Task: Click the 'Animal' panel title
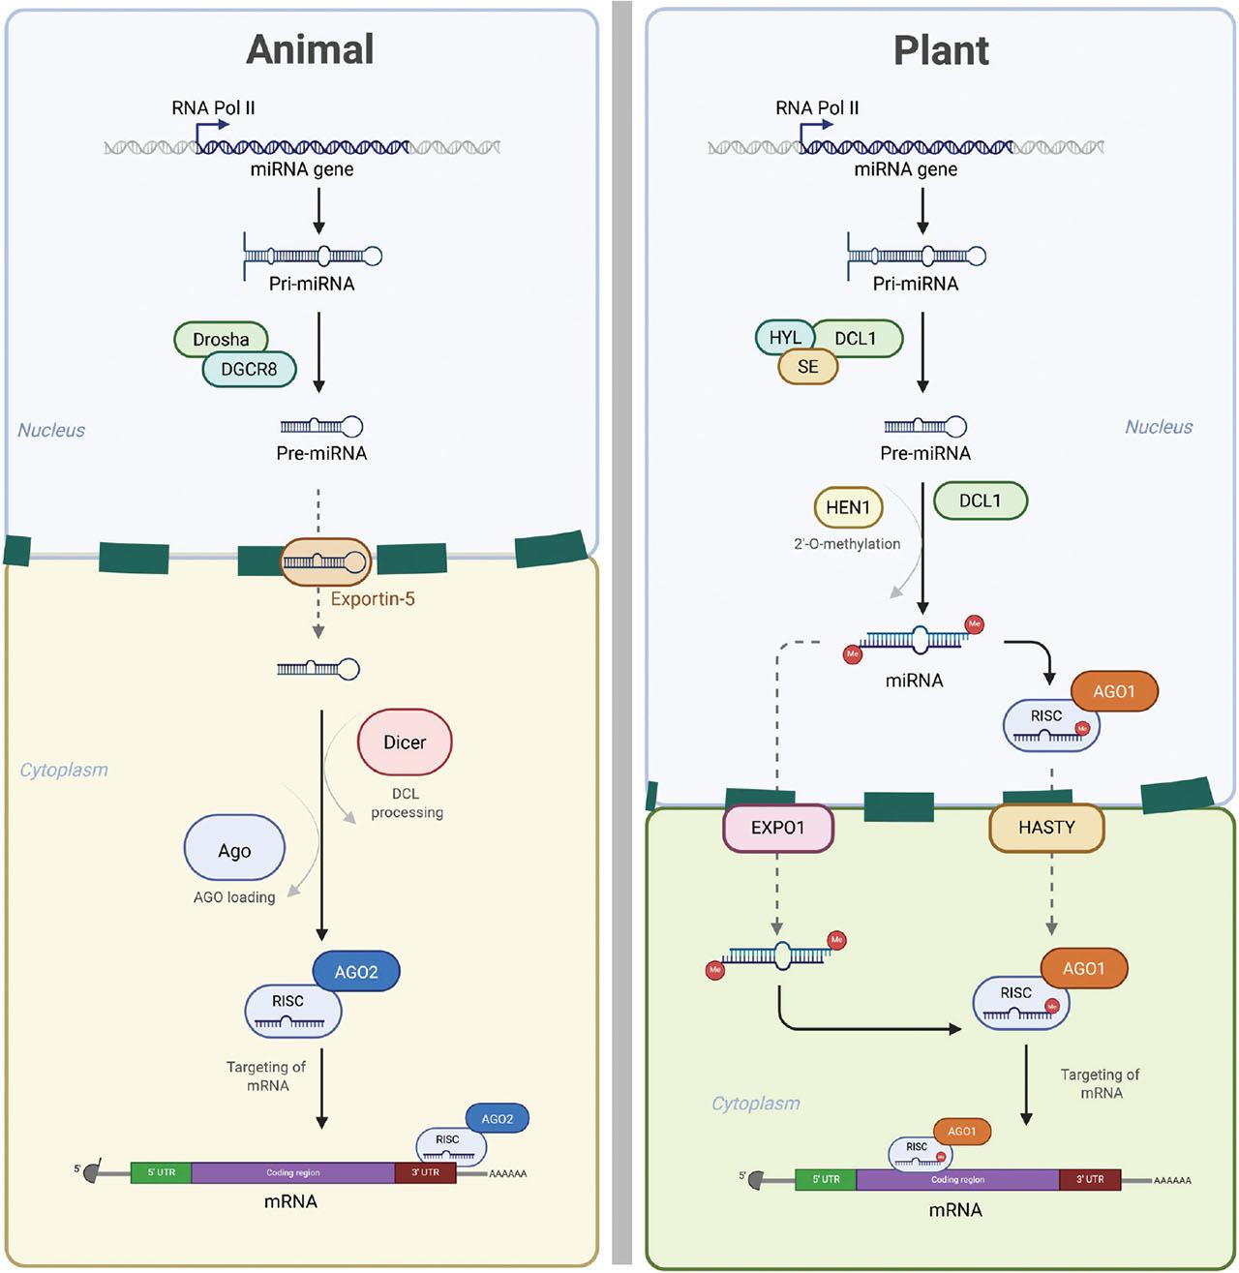click(x=310, y=49)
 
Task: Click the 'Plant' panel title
click(x=941, y=50)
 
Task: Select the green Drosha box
click(x=221, y=339)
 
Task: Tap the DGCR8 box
click(x=249, y=369)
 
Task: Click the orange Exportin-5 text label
click(x=373, y=599)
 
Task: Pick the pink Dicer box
click(x=405, y=743)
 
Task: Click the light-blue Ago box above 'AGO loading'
click(x=234, y=850)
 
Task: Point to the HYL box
click(x=784, y=337)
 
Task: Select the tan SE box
click(x=808, y=367)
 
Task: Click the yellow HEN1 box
click(x=848, y=507)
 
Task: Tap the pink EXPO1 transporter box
click(x=777, y=828)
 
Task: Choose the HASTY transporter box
click(x=1046, y=828)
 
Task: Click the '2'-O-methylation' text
click(x=847, y=544)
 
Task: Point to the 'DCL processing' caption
click(x=407, y=803)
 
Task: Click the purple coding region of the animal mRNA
click(x=293, y=1172)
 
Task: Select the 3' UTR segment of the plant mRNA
click(x=1090, y=1179)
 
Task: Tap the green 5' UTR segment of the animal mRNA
click(x=161, y=1172)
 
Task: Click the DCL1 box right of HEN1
click(x=980, y=500)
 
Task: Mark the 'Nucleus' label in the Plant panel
click(x=1159, y=427)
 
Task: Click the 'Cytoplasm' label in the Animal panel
click(x=64, y=771)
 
